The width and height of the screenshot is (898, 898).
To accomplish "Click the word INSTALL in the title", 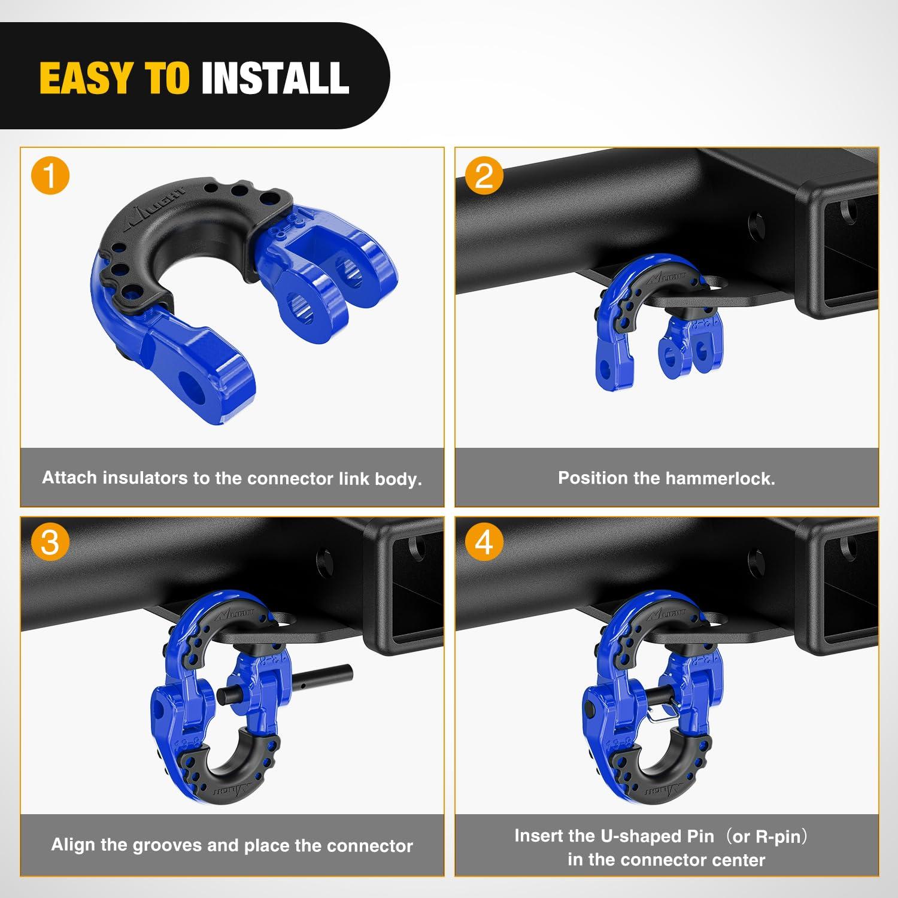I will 275,78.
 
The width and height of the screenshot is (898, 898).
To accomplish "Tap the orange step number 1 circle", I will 50,176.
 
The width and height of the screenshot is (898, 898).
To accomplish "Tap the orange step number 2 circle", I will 484,176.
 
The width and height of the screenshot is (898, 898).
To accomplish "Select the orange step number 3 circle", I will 50,542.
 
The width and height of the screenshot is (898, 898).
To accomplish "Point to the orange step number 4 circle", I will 484,542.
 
